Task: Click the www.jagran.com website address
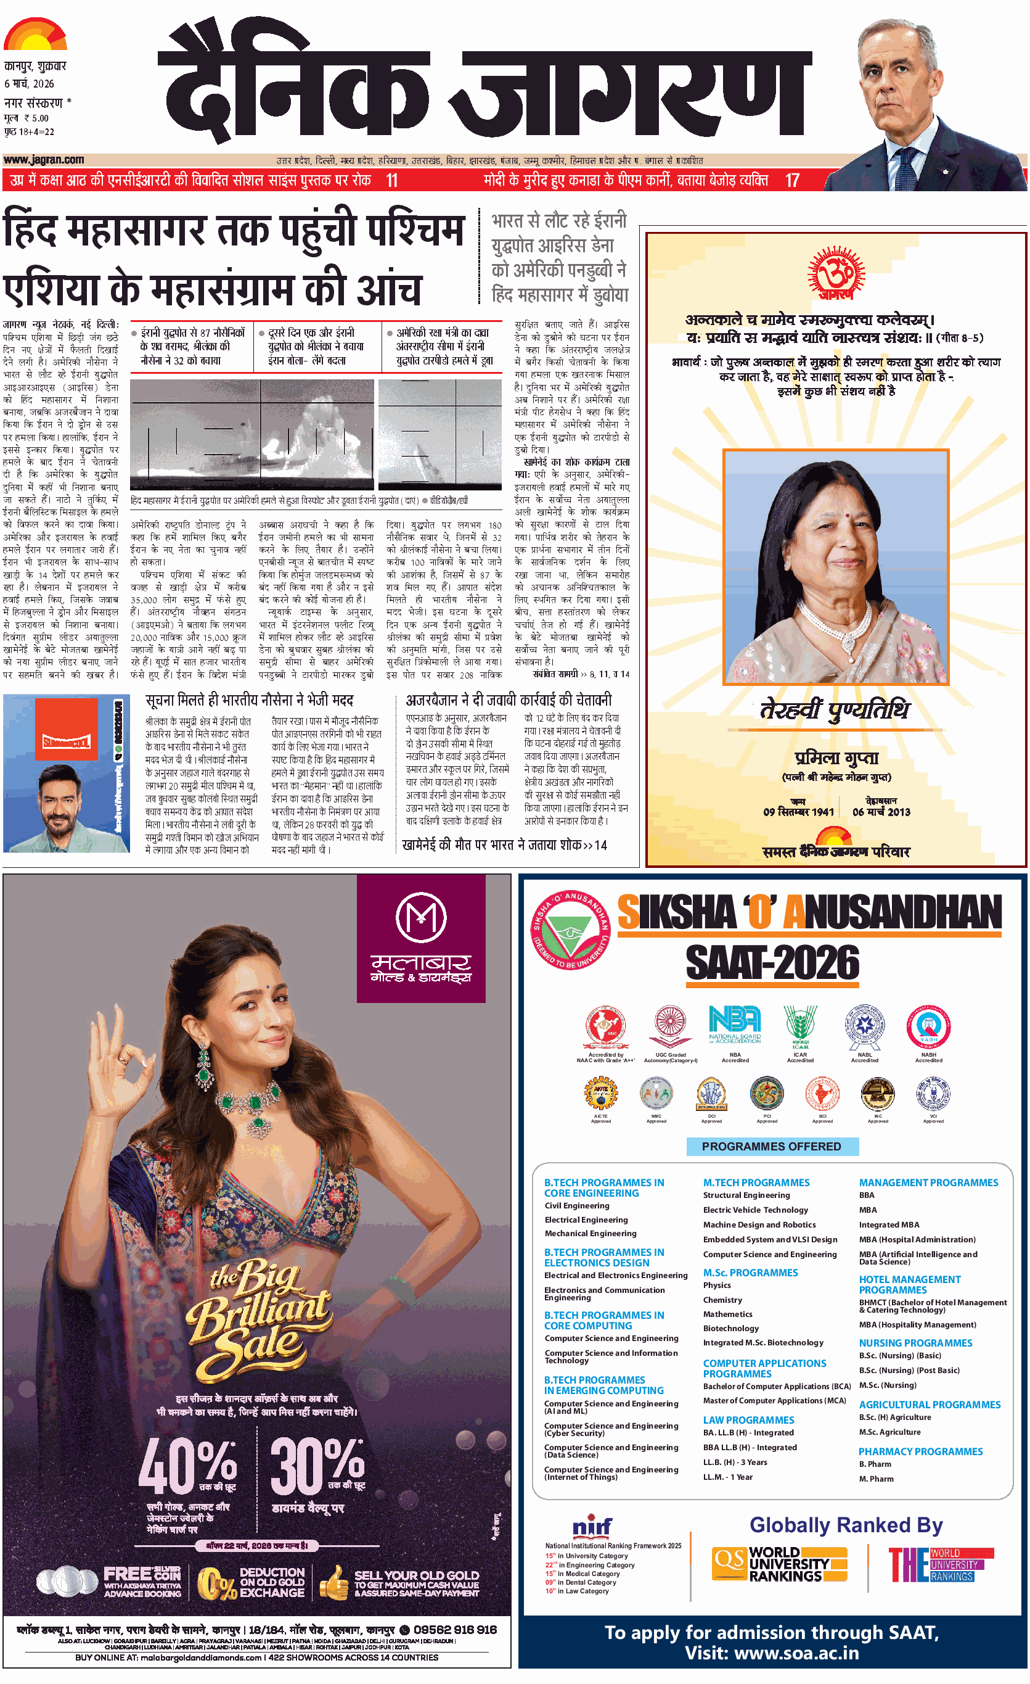pyautogui.click(x=44, y=159)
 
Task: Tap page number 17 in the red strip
pyautogui.click(x=791, y=180)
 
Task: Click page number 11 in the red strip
pyautogui.click(x=391, y=180)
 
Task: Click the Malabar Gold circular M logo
pyautogui.click(x=421, y=917)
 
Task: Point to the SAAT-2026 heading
pyautogui.click(x=772, y=963)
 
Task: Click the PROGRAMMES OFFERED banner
pyautogui.click(x=771, y=1146)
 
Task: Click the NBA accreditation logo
pyautogui.click(x=734, y=1025)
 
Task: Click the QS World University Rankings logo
pyautogui.click(x=779, y=1564)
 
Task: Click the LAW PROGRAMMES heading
pyautogui.click(x=748, y=1419)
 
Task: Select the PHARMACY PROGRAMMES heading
pyautogui.click(x=920, y=1451)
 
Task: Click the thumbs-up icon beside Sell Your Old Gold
pyautogui.click(x=334, y=1583)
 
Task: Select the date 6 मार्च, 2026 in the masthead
pyautogui.click(x=30, y=83)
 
